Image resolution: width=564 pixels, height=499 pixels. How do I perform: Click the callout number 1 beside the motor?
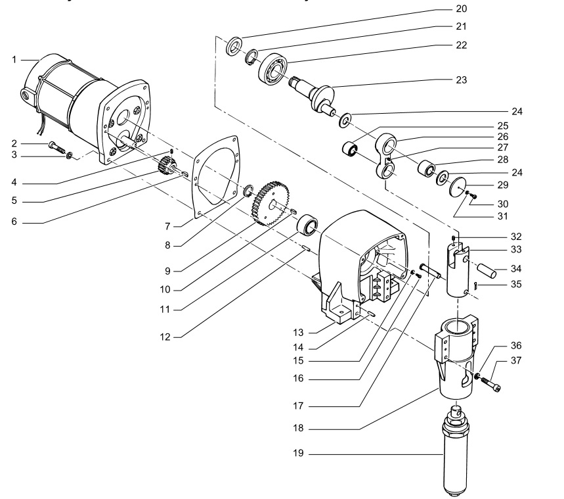(x=14, y=60)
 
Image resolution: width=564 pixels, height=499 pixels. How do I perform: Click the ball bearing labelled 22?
(x=272, y=69)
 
